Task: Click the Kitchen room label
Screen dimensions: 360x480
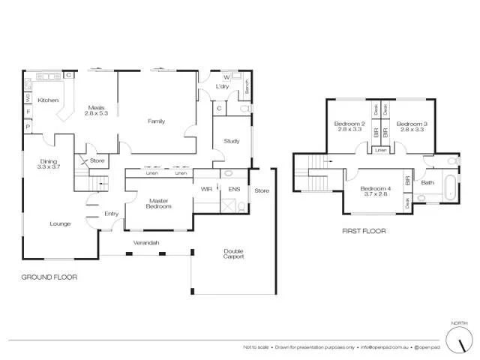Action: click(48, 100)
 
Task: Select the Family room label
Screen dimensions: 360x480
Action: click(156, 121)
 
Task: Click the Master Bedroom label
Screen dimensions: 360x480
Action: click(157, 204)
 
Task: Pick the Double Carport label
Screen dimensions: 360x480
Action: click(233, 254)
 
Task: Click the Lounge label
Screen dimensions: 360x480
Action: click(60, 223)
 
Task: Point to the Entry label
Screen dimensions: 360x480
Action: click(111, 214)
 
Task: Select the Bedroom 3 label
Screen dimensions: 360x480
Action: click(412, 127)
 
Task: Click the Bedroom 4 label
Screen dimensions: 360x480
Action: click(374, 192)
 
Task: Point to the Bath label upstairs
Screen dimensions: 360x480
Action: click(427, 182)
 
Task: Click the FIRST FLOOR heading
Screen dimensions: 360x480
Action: click(363, 232)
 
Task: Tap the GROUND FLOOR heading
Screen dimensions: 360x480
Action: click(49, 277)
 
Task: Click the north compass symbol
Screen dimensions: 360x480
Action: click(455, 341)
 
